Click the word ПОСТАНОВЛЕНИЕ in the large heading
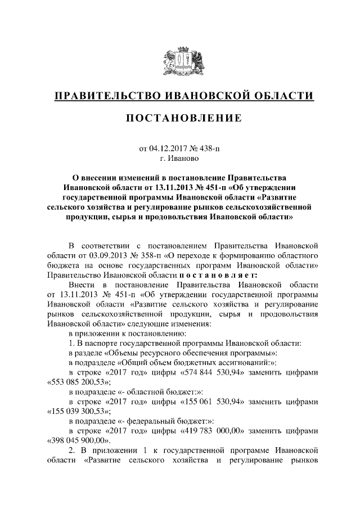click(x=180, y=118)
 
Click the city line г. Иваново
click(x=180, y=159)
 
